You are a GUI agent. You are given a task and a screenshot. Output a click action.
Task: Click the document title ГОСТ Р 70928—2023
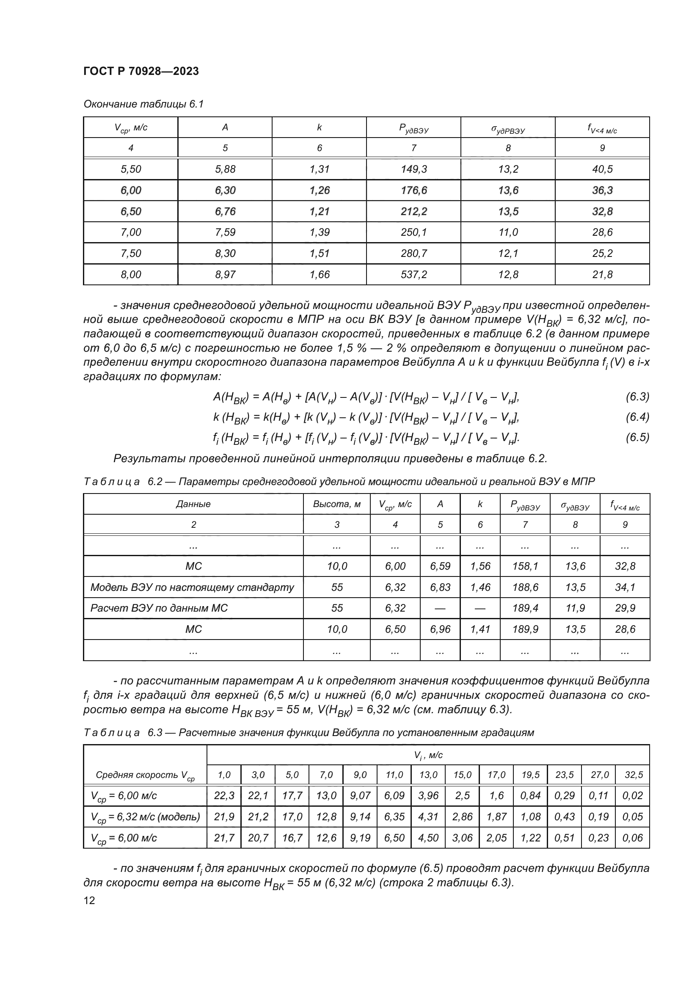point(141,71)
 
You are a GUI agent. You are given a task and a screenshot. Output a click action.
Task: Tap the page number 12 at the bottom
point(89,900)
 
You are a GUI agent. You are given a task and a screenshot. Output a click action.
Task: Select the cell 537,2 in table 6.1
point(413,275)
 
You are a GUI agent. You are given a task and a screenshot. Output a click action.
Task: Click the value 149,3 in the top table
point(413,169)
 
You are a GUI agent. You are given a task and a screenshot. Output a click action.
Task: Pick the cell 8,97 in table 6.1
point(225,275)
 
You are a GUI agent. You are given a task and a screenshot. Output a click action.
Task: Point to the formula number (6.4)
point(637,417)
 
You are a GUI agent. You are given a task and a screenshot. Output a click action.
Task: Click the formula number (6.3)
point(637,397)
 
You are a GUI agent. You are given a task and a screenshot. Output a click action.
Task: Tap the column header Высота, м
point(336,504)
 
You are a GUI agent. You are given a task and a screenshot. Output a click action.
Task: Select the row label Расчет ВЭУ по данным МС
point(159,608)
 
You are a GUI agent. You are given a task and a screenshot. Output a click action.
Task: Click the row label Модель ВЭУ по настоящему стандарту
point(192,587)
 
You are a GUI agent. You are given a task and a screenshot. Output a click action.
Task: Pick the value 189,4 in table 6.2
point(525,608)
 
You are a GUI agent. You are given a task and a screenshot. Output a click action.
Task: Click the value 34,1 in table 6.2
point(625,587)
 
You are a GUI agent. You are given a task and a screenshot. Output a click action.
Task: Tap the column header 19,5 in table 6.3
point(530,775)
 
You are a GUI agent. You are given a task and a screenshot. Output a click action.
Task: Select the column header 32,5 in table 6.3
point(633,775)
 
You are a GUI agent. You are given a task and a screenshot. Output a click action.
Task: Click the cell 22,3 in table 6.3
point(224,796)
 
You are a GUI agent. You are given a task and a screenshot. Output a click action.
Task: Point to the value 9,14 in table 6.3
point(360,816)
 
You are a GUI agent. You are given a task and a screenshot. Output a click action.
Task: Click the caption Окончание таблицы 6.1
point(143,104)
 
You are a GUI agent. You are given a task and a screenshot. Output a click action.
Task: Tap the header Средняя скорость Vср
point(145,775)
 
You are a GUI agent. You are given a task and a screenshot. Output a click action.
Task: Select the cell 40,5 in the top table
point(602,169)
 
